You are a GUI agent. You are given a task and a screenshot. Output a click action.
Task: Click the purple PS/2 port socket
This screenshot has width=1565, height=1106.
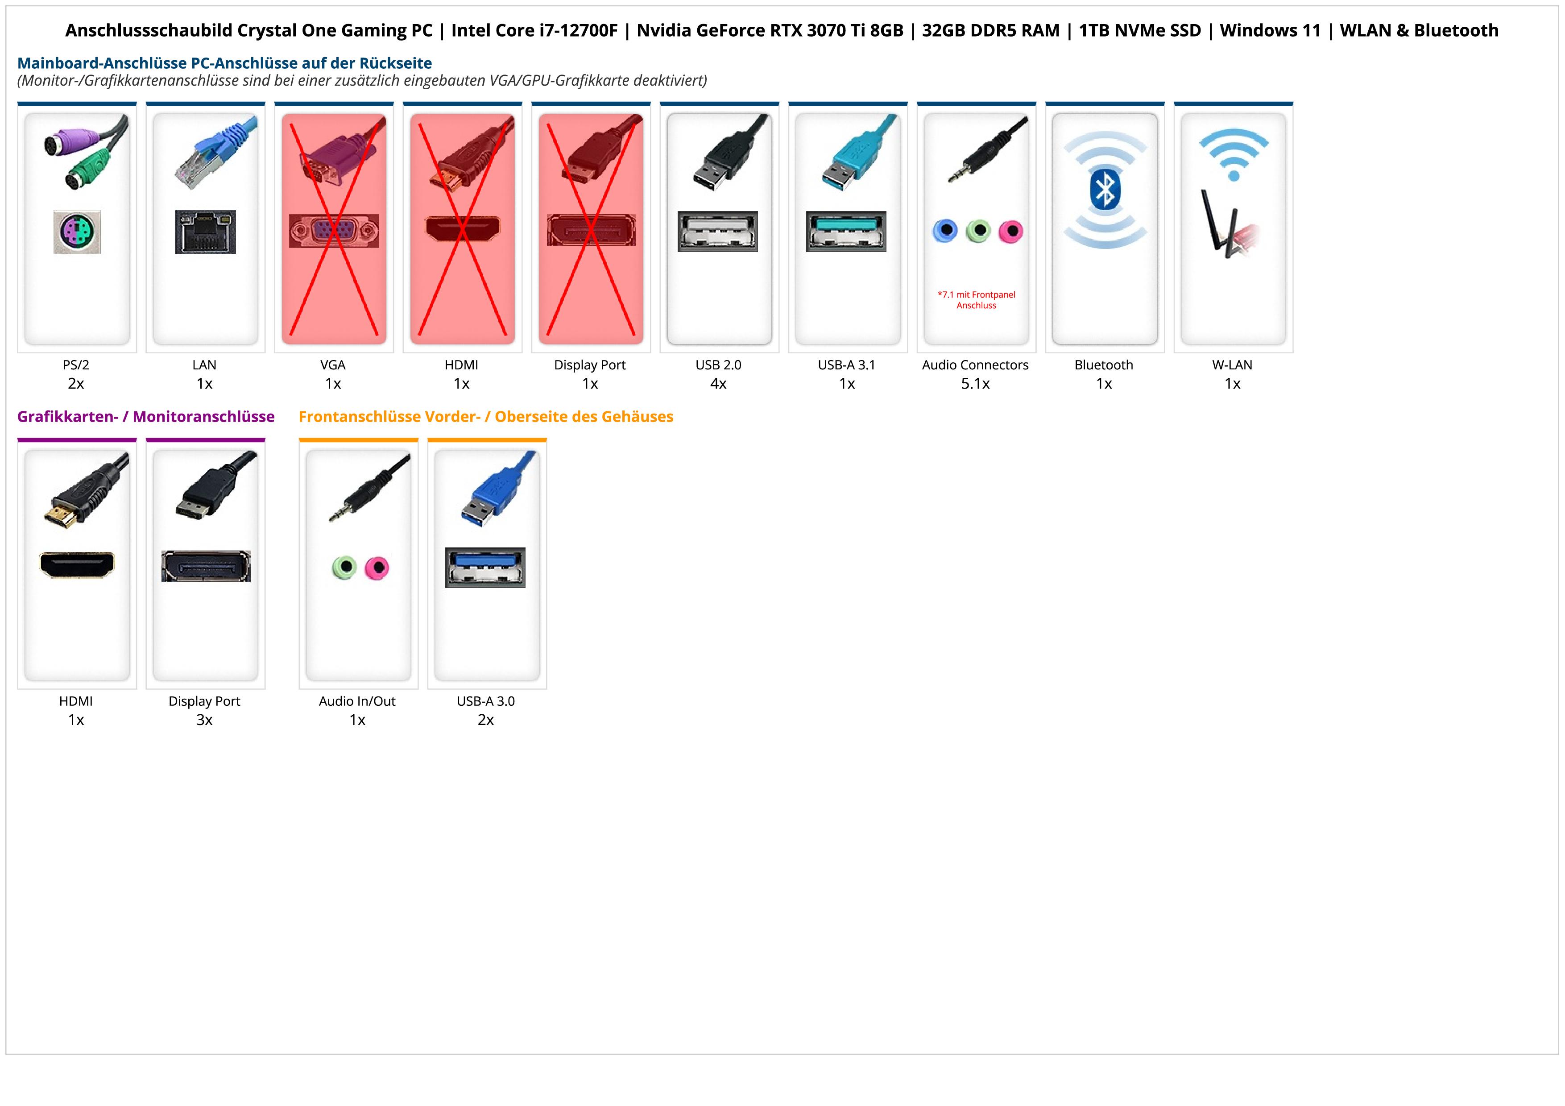point(77,232)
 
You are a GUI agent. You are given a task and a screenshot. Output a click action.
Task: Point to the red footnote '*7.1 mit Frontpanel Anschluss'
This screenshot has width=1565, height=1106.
point(976,300)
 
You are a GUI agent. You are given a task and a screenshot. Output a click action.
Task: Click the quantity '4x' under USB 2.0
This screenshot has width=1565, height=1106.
point(718,384)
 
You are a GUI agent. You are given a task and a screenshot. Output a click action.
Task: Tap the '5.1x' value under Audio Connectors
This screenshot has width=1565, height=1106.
point(975,384)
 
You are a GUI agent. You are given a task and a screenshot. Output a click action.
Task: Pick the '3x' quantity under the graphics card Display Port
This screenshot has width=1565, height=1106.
point(204,720)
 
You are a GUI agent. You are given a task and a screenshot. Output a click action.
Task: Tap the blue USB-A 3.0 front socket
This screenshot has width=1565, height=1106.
point(485,567)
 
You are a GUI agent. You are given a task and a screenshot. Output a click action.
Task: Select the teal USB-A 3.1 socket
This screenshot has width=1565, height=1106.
point(847,231)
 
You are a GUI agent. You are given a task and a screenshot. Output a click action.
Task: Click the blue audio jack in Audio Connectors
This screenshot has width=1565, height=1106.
point(945,231)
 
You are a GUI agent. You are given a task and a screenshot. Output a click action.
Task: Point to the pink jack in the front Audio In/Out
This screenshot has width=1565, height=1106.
point(376,567)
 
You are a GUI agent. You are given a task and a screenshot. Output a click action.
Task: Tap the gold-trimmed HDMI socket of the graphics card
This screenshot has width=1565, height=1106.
point(77,565)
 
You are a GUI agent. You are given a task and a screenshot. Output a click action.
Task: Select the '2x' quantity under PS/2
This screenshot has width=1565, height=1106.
point(76,384)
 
